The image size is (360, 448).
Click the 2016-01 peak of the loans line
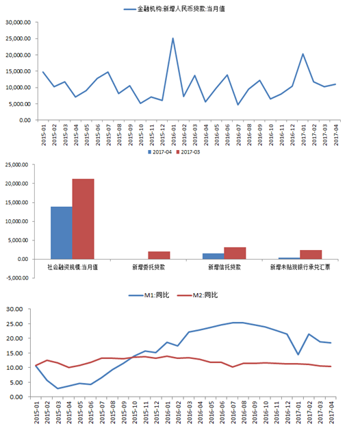click(x=172, y=38)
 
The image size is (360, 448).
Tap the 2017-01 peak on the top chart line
click(x=303, y=53)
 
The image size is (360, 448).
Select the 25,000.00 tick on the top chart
click(x=18, y=38)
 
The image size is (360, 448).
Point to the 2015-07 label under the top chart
click(x=109, y=135)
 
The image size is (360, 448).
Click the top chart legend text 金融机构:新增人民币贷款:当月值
click(x=181, y=9)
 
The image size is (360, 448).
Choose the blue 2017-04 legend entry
click(x=159, y=152)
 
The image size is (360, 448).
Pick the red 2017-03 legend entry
click(x=188, y=152)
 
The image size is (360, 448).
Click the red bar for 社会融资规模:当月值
click(x=83, y=219)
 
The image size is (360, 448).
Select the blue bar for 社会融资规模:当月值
click(x=62, y=233)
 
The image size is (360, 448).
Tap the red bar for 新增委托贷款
click(x=159, y=255)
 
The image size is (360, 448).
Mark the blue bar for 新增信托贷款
click(x=214, y=256)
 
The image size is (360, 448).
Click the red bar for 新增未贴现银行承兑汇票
click(x=311, y=255)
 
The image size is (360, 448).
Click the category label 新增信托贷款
click(x=224, y=267)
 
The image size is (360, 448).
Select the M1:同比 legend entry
click(x=149, y=295)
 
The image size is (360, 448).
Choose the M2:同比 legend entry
click(x=197, y=295)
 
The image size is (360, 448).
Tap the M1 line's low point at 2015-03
click(x=57, y=388)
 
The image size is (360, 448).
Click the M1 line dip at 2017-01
click(x=298, y=355)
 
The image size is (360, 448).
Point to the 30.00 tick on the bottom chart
click(x=14, y=309)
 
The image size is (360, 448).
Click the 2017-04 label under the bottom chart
click(x=331, y=412)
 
